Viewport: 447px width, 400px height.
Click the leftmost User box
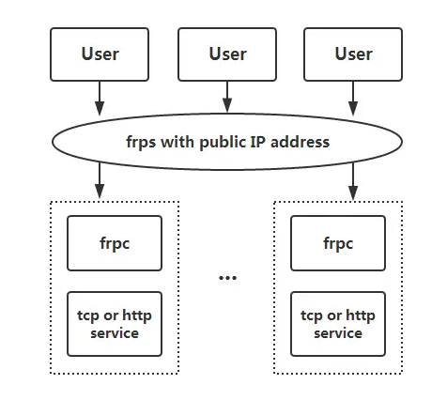[100, 54]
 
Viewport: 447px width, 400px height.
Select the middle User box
[227, 54]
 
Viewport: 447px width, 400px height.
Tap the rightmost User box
[353, 54]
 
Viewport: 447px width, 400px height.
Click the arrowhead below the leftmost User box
[100, 108]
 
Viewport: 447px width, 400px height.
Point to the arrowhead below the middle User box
[227, 105]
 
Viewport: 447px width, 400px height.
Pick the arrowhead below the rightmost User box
[353, 108]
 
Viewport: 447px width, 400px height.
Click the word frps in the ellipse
[141, 143]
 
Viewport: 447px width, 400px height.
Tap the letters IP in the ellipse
[258, 142]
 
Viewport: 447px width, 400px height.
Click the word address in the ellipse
[300, 142]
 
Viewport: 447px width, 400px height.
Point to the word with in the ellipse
[177, 142]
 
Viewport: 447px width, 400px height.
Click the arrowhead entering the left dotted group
[100, 192]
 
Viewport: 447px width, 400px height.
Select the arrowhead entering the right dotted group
[353, 192]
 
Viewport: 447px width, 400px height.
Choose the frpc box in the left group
[115, 243]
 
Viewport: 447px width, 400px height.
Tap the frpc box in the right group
[338, 243]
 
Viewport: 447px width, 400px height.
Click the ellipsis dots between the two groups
[227, 278]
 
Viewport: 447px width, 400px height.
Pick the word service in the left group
[115, 333]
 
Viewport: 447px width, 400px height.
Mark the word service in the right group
[338, 333]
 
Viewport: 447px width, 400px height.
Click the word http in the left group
[137, 315]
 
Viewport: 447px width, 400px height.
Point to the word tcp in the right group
[312, 316]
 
